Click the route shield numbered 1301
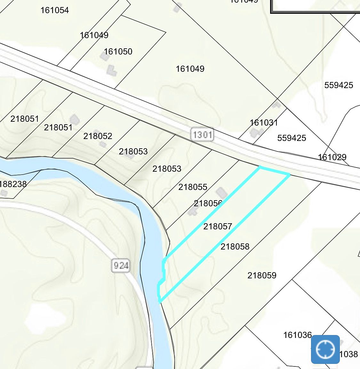(x=203, y=134)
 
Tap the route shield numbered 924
(x=121, y=265)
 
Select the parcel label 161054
(x=54, y=10)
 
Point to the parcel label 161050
(x=118, y=52)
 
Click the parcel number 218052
(x=98, y=136)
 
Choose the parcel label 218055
(x=193, y=187)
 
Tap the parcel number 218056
(x=208, y=203)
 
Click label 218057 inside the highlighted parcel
(x=218, y=226)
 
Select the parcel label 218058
(x=235, y=247)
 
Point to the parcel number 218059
(x=262, y=275)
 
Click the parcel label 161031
(x=264, y=123)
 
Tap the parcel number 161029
(x=332, y=157)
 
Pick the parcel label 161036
(x=297, y=335)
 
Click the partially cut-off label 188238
(x=13, y=184)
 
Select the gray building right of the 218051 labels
(x=75, y=120)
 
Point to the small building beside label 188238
(x=4, y=193)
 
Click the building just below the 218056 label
(x=193, y=211)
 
